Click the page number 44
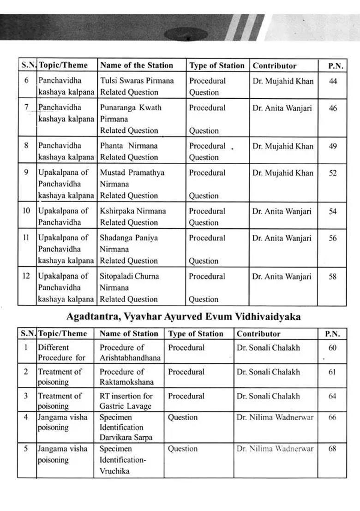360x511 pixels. (333, 81)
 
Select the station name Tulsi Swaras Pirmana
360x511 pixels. (137, 81)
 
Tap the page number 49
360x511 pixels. (333, 146)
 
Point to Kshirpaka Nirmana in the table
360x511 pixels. (133, 211)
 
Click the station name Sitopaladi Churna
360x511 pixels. (129, 276)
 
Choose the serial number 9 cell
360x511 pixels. (26, 173)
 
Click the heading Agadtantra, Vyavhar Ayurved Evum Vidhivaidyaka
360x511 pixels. (183, 317)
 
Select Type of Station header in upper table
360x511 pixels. (216, 65)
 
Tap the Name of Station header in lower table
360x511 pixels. (129, 334)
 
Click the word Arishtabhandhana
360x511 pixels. (130, 358)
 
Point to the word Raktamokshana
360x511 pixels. (126, 382)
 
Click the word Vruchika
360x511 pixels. (114, 471)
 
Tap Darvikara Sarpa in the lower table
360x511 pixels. (126, 437)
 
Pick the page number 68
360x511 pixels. (332, 449)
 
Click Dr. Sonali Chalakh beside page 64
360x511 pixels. (268, 396)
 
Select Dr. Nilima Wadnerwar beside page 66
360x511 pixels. (275, 418)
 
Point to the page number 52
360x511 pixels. (333, 173)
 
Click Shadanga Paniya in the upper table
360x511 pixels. (129, 238)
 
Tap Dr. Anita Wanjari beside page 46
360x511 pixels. (282, 108)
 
